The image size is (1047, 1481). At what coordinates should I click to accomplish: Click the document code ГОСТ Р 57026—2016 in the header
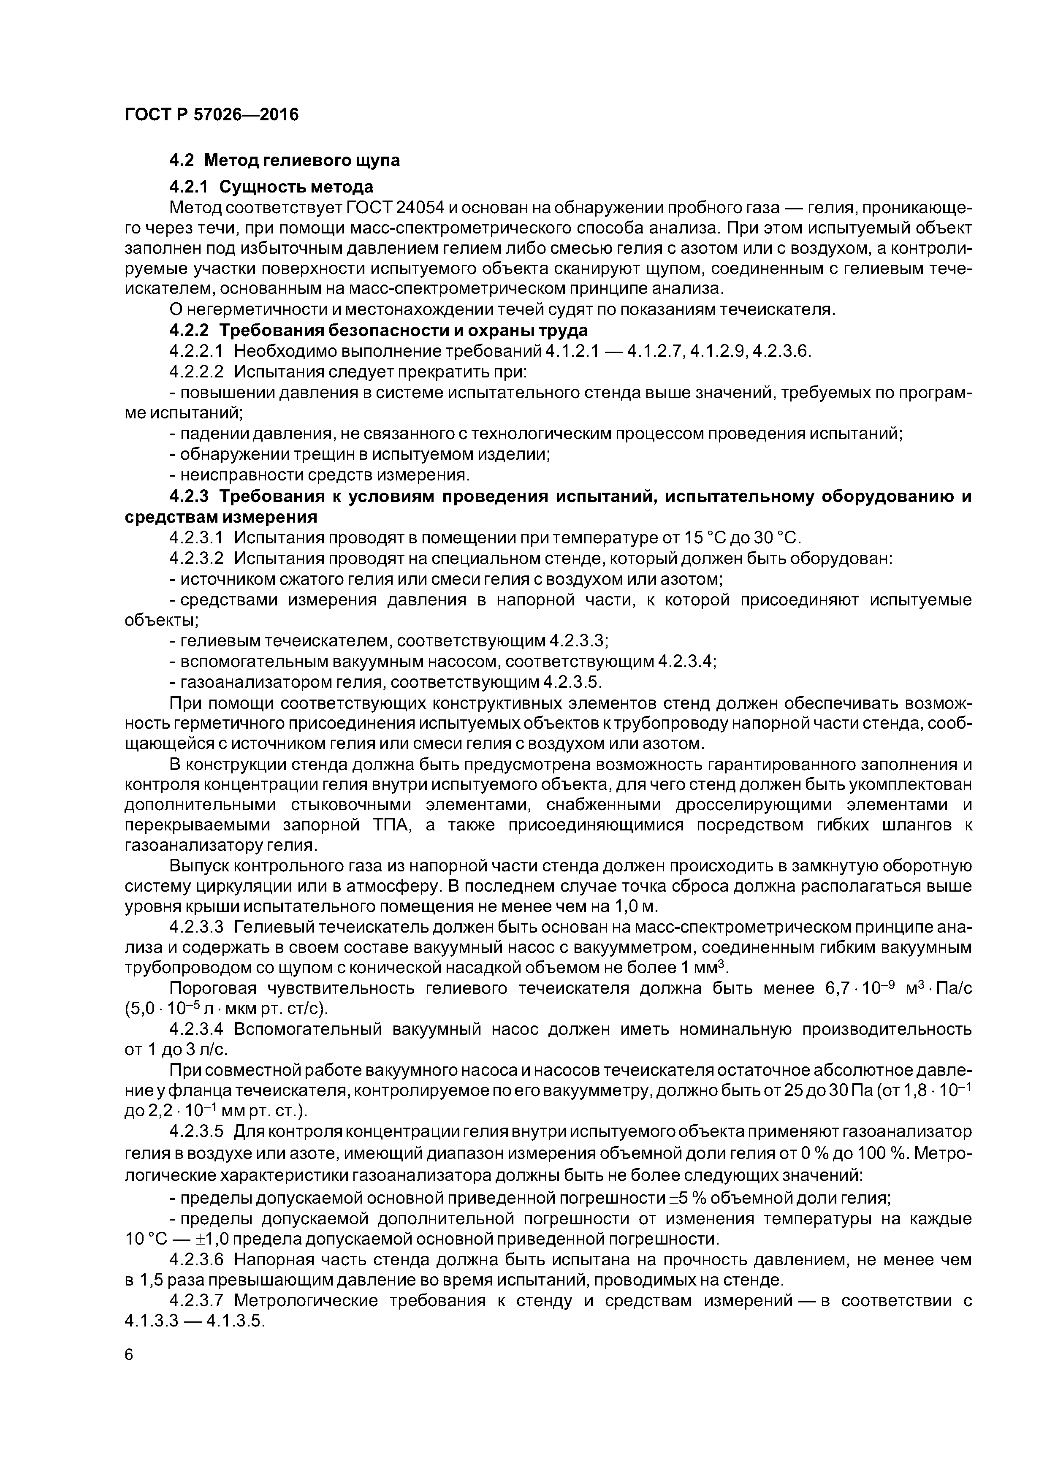click(x=212, y=115)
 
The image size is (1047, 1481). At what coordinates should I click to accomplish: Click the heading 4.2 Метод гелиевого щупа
click(x=285, y=160)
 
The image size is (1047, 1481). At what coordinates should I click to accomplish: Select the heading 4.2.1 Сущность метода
click(x=271, y=187)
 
